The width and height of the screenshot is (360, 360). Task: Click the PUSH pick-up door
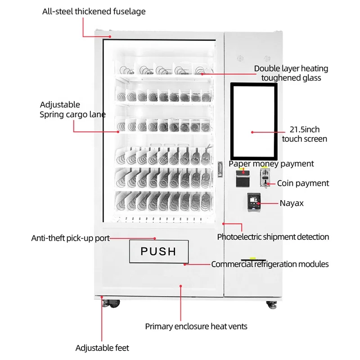(x=158, y=251)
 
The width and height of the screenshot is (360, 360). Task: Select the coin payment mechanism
(x=264, y=178)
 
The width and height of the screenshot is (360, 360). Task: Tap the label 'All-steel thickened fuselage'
(x=94, y=12)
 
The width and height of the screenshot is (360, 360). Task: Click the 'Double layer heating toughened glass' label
(x=291, y=73)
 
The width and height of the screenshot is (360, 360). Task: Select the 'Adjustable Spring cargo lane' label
(x=72, y=109)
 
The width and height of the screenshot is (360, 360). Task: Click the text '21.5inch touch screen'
(x=305, y=134)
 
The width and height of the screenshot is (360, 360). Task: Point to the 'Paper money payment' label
(x=271, y=164)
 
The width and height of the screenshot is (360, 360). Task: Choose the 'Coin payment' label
(x=303, y=183)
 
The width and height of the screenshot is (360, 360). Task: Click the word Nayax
(x=292, y=203)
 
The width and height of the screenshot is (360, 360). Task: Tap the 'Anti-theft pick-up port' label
(x=70, y=238)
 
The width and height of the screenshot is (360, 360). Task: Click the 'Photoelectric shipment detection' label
(x=273, y=237)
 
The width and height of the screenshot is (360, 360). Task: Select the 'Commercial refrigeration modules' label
(x=270, y=264)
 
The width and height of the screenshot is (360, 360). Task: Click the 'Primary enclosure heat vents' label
(x=196, y=326)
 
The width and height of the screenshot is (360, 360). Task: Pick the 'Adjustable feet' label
(x=102, y=348)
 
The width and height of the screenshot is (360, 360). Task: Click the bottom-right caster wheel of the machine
(x=272, y=305)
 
